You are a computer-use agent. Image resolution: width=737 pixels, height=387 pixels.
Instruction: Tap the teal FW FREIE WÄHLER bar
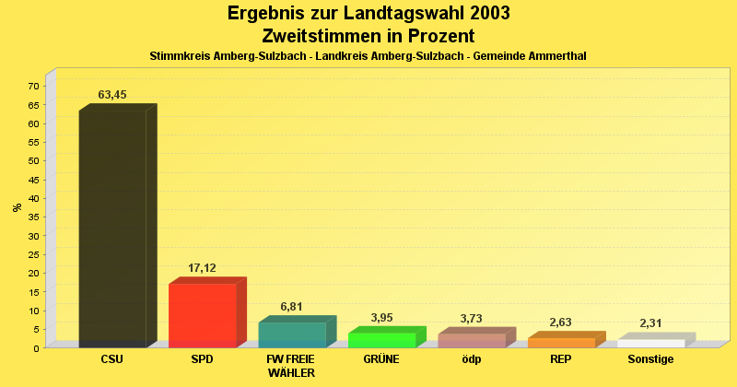coord(292,334)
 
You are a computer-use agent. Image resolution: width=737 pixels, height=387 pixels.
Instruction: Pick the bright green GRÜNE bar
coord(381,340)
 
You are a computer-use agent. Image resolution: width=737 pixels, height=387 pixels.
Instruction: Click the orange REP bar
coord(561,343)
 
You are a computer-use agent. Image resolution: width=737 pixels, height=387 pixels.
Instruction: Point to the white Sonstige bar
coord(650,344)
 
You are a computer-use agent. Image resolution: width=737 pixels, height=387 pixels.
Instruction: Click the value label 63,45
coord(112,95)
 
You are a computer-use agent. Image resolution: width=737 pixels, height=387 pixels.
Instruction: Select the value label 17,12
coord(203,268)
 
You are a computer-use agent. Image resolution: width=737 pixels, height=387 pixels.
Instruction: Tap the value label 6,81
coord(292,307)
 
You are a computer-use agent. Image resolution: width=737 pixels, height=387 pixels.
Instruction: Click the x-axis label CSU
coord(112,359)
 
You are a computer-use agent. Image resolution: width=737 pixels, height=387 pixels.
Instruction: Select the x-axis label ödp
coord(472,359)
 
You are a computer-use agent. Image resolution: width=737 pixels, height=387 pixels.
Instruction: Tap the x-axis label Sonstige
coord(651,359)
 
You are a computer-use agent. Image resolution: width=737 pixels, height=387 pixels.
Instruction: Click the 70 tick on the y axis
coord(33,87)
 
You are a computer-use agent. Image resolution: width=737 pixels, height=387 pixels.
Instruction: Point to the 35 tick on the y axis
coord(33,217)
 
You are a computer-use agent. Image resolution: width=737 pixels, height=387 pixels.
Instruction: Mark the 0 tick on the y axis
coord(36,348)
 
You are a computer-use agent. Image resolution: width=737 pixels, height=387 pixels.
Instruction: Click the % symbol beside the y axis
coord(18,207)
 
